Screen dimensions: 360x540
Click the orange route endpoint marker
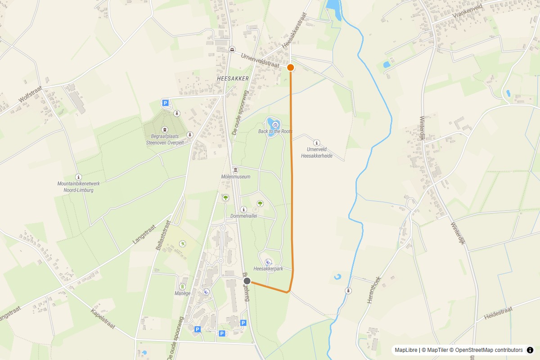coord(291,67)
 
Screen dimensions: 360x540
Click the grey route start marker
coord(247,281)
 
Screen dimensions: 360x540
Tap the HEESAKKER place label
coord(233,78)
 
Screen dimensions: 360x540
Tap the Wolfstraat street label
coord(30,94)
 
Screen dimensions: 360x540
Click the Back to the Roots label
coord(275,131)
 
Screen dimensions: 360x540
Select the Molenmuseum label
coord(236,177)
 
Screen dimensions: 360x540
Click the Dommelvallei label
coord(243,216)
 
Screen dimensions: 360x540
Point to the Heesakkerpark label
coord(268,269)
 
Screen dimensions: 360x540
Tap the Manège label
coord(183,293)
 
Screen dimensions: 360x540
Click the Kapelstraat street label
coord(104,319)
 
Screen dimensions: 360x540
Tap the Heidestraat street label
coord(498,314)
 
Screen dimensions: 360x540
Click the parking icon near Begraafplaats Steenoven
coord(165,103)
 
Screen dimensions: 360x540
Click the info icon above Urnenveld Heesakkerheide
coord(316,142)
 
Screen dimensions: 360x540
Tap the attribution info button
coord(530,350)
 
